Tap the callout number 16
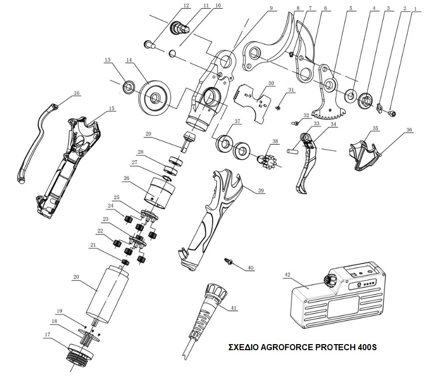77,93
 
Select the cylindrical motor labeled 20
107,296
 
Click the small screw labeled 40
228,261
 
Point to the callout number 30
270,83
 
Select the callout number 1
416,9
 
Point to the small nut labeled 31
277,107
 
